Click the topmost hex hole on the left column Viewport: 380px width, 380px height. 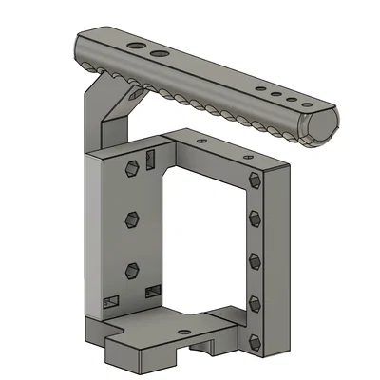[x=130, y=170]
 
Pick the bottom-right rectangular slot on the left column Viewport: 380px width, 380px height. [x=152, y=290]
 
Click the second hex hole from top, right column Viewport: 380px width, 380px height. [x=254, y=218]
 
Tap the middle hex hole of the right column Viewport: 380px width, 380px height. [x=254, y=257]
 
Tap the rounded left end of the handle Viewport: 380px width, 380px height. [x=78, y=47]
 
